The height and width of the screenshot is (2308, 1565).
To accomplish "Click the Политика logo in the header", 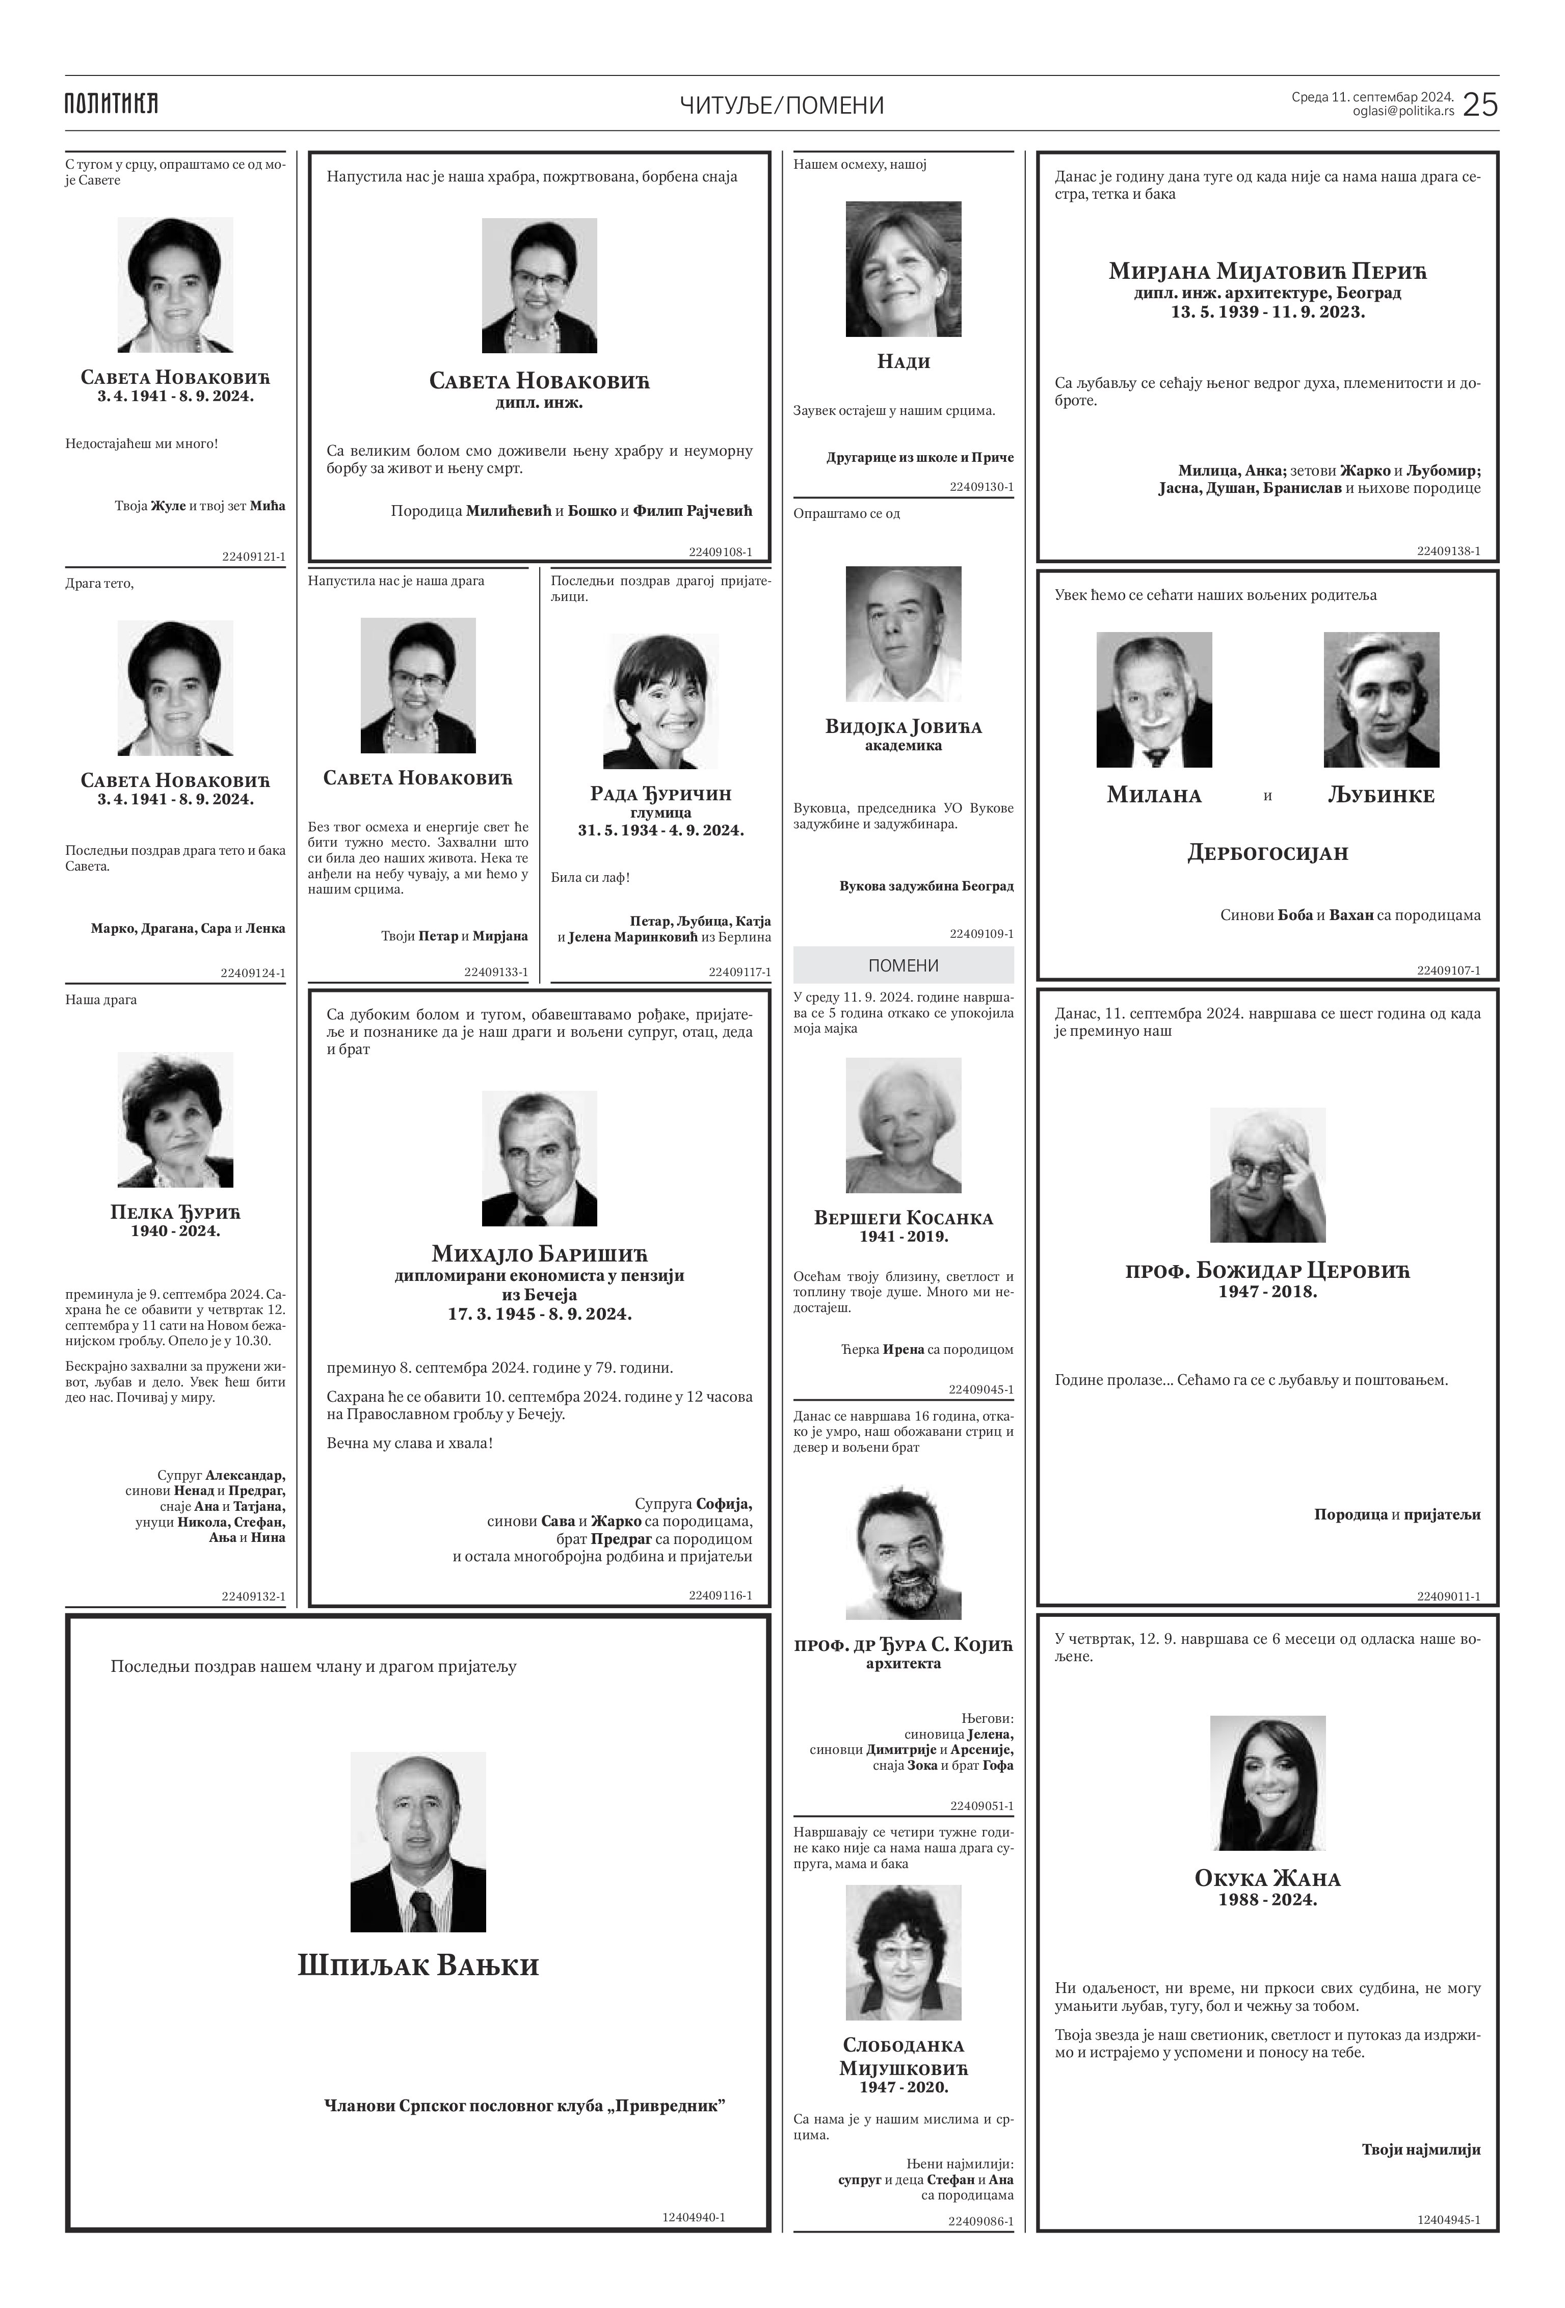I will click(x=111, y=103).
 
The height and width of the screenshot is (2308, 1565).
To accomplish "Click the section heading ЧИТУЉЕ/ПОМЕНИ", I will click(x=782, y=106).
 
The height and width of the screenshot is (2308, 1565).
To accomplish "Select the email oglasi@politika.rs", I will click(x=1403, y=111).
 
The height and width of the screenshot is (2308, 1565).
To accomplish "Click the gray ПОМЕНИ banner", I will click(x=903, y=965).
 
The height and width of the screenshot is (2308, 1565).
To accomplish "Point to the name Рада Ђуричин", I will click(x=660, y=794).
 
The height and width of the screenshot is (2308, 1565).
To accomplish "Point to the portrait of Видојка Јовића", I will click(x=903, y=634).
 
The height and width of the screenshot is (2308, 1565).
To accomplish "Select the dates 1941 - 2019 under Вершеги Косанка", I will click(x=903, y=1237).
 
